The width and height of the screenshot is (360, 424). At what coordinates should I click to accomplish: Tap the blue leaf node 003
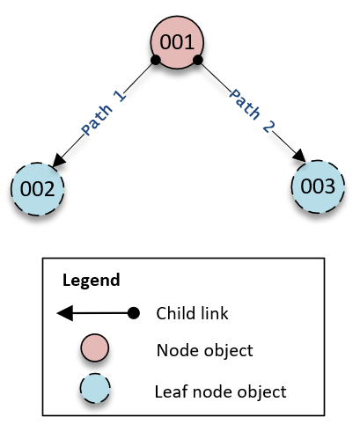tap(318, 186)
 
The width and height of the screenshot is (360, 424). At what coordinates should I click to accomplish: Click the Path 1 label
tap(104, 113)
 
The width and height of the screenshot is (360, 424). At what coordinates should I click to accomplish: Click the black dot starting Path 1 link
tap(155, 60)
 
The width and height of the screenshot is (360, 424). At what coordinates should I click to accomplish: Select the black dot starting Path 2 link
tap(198, 60)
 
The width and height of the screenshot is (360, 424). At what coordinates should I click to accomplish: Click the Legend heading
tap(92, 281)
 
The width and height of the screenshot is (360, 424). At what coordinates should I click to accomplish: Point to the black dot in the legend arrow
tap(133, 313)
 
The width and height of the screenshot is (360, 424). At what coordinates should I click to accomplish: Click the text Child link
tap(193, 313)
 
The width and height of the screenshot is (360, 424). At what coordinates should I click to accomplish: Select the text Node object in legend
tap(205, 350)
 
